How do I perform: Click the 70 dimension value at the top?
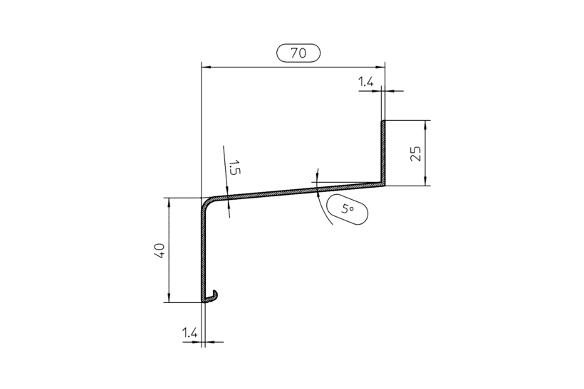[298, 53]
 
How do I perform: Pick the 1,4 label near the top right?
[365, 83]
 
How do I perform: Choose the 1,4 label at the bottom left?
[189, 331]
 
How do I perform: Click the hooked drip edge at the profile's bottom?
[212, 294]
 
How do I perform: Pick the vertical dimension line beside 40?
[170, 250]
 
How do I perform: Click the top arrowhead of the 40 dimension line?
[170, 202]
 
